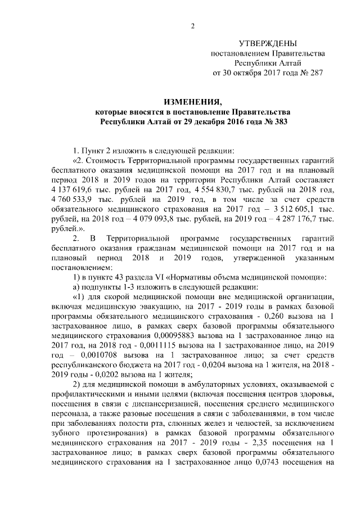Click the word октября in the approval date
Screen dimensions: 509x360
click(249, 73)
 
